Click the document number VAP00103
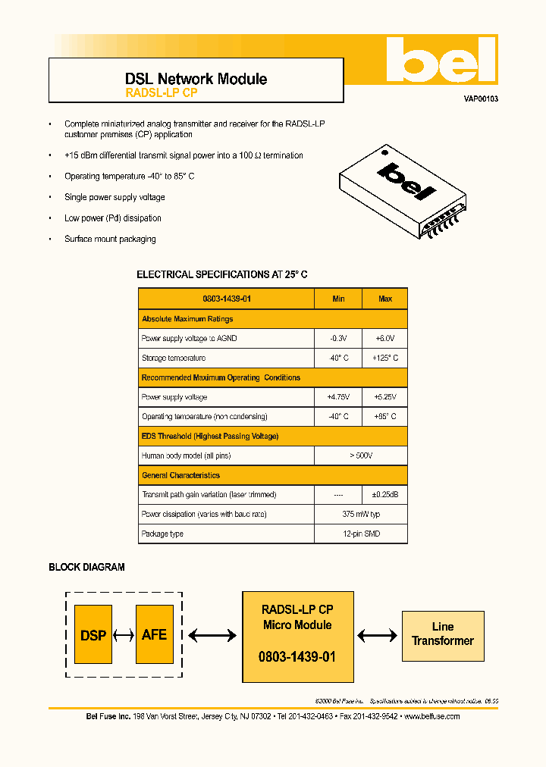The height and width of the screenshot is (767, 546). pyautogui.click(x=481, y=99)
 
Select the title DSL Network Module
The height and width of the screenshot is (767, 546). pyautogui.click(x=196, y=79)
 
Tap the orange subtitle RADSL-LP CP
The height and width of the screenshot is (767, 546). pyautogui.click(x=161, y=93)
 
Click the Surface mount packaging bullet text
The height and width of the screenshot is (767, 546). pyautogui.click(x=110, y=239)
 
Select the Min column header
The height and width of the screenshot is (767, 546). pyautogui.click(x=338, y=299)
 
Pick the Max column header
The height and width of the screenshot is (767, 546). pyautogui.click(x=385, y=299)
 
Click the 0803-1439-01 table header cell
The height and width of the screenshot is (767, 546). pyautogui.click(x=227, y=299)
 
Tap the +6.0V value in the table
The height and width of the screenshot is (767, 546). pyautogui.click(x=385, y=338)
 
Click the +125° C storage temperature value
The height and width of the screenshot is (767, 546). pyautogui.click(x=385, y=358)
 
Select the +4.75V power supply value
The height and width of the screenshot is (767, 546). pyautogui.click(x=338, y=397)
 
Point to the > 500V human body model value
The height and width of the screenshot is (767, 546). pyautogui.click(x=361, y=456)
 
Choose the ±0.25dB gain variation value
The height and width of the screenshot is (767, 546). pyautogui.click(x=385, y=495)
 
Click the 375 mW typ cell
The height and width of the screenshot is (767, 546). pyautogui.click(x=361, y=515)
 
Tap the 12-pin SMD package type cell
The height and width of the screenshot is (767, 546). pyautogui.click(x=361, y=534)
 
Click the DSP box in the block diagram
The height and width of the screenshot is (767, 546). pyautogui.click(x=93, y=635)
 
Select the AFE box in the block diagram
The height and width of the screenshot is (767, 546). pyautogui.click(x=154, y=635)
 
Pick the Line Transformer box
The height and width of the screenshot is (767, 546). pyautogui.click(x=442, y=634)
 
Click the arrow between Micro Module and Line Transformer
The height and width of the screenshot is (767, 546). pyautogui.click(x=378, y=636)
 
